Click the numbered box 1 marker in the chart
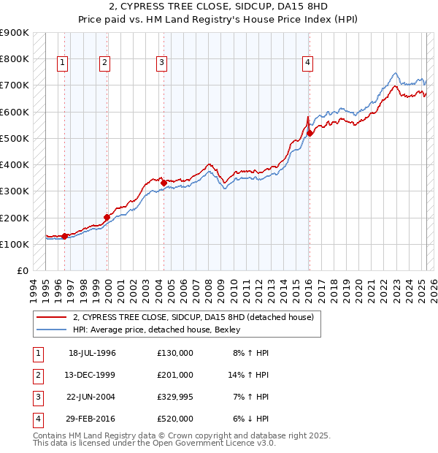63,64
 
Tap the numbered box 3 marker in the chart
161,64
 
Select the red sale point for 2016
310,133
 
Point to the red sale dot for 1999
107,217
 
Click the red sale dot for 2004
164,183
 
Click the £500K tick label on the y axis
15,138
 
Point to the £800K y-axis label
15,58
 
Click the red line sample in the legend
51,318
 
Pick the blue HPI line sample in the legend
51,330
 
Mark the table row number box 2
37,375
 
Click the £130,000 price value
175,353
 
